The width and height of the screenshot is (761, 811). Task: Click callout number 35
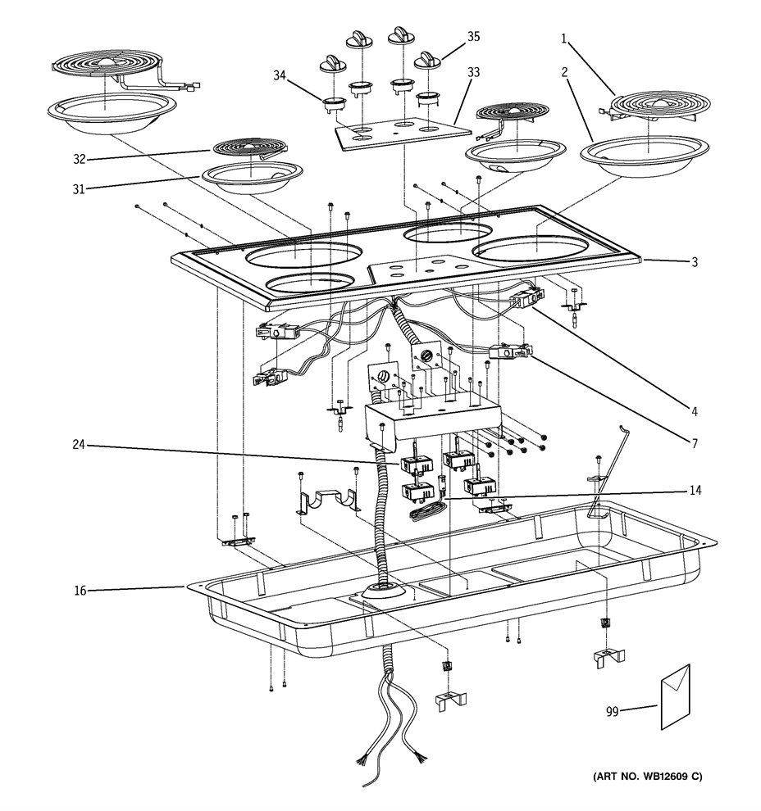474,37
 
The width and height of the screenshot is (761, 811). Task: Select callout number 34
280,76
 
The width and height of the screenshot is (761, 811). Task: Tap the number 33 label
474,71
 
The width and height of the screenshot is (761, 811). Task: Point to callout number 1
566,38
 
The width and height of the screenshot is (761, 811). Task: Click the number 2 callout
566,72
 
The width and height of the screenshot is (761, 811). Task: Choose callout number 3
694,262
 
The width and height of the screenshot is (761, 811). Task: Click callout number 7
694,443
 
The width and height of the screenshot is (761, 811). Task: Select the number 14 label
696,491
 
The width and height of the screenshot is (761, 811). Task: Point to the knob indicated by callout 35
427,60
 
